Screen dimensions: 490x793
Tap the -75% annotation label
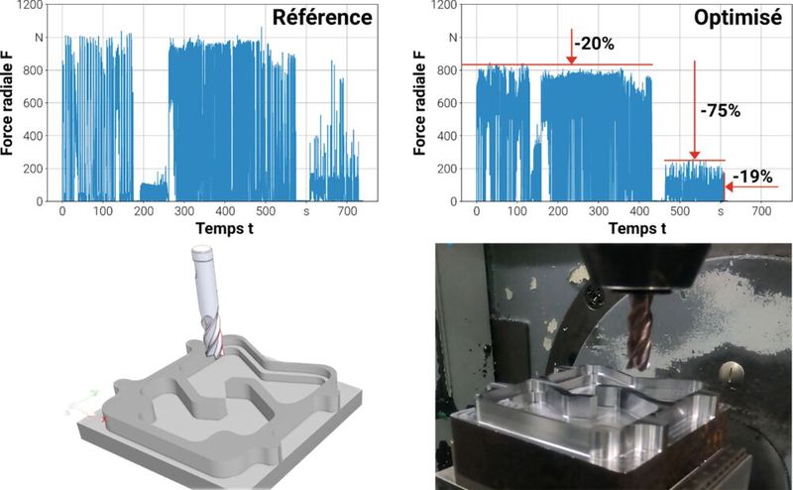[x=720, y=111]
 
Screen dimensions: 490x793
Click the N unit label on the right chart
[x=453, y=38]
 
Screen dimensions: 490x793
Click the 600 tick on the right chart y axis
[x=448, y=103]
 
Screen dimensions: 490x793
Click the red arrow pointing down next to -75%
[x=695, y=109]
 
